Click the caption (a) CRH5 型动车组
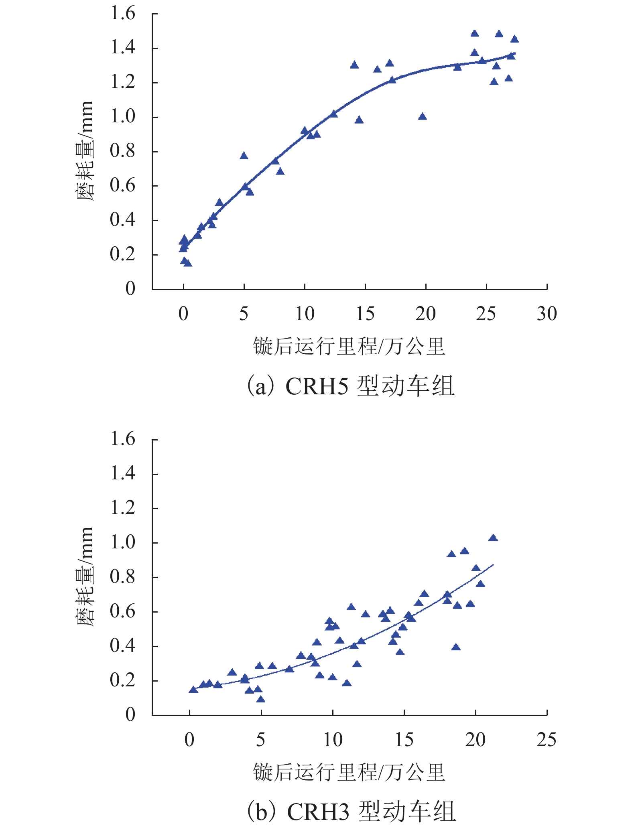tap(350, 386)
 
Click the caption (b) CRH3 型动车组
tap(351, 811)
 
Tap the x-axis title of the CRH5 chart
tap(349, 346)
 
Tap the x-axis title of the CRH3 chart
tap(349, 771)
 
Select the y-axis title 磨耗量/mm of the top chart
tap(85, 151)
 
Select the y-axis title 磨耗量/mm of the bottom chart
tap(85, 576)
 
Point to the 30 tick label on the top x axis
tap(547, 314)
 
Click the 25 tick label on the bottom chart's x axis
tap(547, 739)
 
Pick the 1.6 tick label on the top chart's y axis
tap(123, 14)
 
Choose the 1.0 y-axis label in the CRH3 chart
tap(123, 542)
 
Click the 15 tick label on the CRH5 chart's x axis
tap(365, 314)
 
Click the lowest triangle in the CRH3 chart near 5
tap(261, 699)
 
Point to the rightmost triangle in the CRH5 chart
tap(514, 39)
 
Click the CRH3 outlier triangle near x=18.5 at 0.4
tap(456, 647)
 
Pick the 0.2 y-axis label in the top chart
tap(123, 254)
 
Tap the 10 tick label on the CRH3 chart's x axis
tap(333, 739)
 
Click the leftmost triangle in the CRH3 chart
tap(193, 689)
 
